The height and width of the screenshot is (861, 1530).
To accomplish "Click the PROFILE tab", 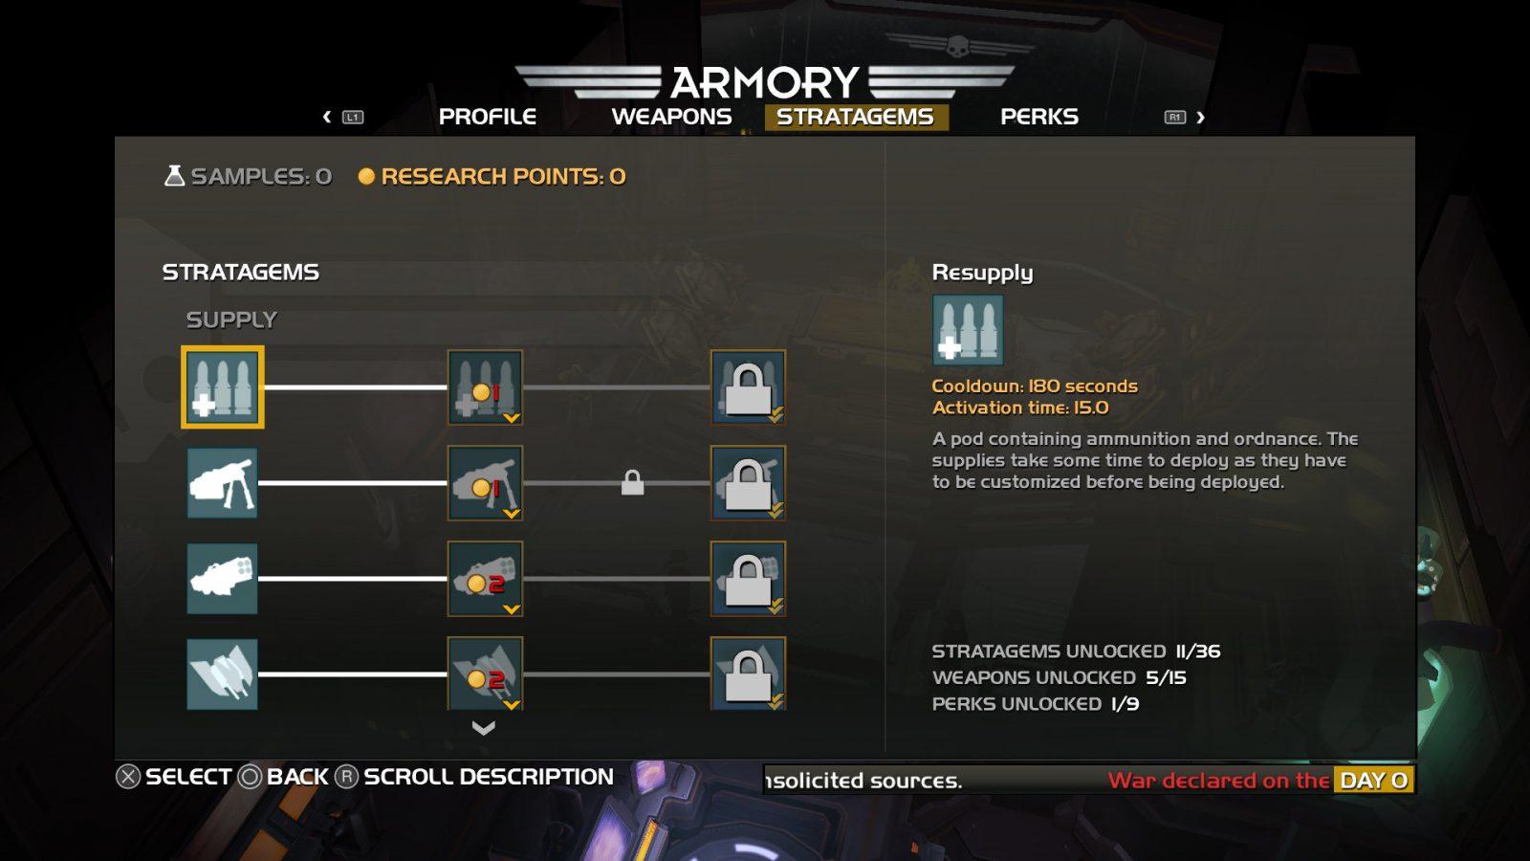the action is tap(488, 117).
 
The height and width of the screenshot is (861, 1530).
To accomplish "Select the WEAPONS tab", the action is tap(671, 117).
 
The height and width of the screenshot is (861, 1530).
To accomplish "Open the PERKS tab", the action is tap(1039, 117).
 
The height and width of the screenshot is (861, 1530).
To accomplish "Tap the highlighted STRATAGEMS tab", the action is tap(856, 117).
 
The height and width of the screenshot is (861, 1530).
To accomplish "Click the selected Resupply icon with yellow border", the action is tap(223, 387).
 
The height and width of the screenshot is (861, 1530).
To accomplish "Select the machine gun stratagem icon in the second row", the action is tap(222, 483).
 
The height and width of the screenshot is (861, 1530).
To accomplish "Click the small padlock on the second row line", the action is tap(632, 483).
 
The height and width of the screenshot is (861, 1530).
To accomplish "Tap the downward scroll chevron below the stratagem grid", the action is tap(484, 728).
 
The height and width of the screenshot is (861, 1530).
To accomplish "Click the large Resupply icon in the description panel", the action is tap(968, 330).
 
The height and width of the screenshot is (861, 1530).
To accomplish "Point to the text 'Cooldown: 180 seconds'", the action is tap(1035, 386).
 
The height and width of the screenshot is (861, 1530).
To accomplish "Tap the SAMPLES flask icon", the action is tap(174, 175).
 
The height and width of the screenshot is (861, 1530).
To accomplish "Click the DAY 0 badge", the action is tap(1374, 780).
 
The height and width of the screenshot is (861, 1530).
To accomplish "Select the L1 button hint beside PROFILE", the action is tap(353, 117).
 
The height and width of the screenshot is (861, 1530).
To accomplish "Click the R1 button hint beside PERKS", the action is tap(1175, 117).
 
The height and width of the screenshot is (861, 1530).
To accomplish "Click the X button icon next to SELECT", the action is tap(128, 777).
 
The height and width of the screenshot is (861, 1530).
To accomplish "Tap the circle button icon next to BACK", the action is tap(250, 777).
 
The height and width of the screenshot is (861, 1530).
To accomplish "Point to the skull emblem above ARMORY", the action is tap(957, 45).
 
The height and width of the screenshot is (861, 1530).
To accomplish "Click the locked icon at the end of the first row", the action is tap(748, 387).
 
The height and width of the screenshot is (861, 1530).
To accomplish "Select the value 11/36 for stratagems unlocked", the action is tap(1198, 651).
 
